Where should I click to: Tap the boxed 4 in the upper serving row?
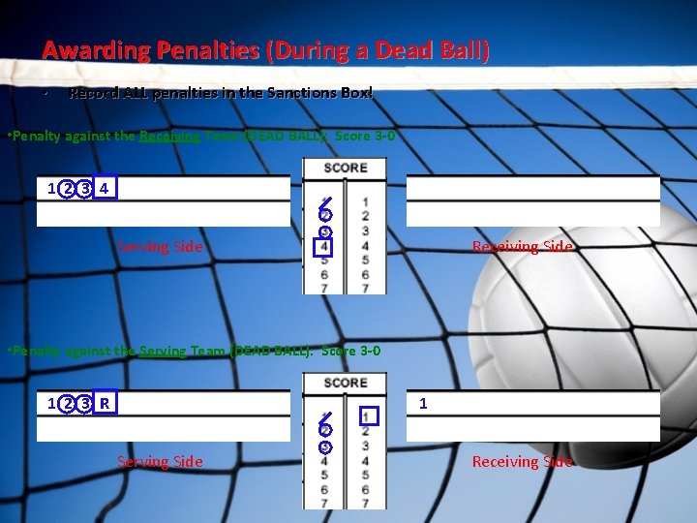pos(106,187)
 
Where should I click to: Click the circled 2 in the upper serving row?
pos(67,188)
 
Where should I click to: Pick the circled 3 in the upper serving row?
pos(86,188)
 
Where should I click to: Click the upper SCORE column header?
pos(345,168)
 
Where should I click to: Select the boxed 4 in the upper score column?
pos(325,247)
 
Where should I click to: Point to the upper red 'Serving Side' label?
pos(160,246)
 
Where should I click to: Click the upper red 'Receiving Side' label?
pos(522,247)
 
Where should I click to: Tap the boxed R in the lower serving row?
pos(106,401)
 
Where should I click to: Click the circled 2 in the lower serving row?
pos(67,402)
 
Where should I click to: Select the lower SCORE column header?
pos(345,383)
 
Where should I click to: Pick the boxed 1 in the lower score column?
pos(366,416)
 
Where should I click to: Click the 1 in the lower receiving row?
pos(423,401)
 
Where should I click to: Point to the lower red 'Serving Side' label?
pos(160,462)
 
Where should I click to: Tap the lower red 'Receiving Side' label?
pos(522,462)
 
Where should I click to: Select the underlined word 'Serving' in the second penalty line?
pos(163,351)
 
